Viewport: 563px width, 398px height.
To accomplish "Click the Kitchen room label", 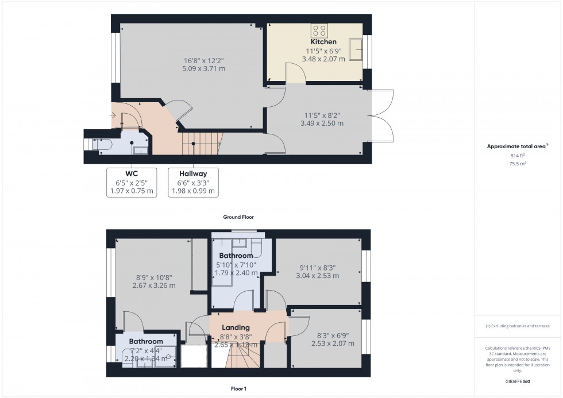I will click(x=323, y=42).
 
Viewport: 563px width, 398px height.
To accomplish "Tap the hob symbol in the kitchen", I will click(x=319, y=30).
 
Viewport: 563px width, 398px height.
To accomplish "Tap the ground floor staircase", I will click(x=202, y=142).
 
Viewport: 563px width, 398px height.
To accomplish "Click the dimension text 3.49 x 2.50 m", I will click(x=322, y=123).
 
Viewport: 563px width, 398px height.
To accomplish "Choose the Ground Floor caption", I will click(x=238, y=217).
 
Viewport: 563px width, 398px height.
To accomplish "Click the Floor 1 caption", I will click(x=238, y=389).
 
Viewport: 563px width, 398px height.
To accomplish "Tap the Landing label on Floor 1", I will click(x=236, y=327).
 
